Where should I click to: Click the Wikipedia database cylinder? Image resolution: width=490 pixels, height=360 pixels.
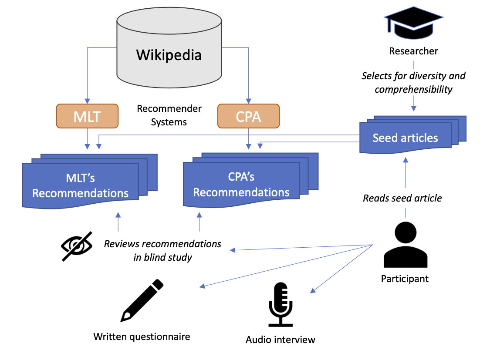click(x=169, y=47)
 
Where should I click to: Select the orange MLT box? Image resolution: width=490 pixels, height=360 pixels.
click(x=87, y=116)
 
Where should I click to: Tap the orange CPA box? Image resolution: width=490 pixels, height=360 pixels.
click(x=248, y=116)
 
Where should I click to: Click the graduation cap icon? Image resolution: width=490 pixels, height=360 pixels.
click(x=413, y=23)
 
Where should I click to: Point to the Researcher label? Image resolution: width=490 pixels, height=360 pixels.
click(x=413, y=51)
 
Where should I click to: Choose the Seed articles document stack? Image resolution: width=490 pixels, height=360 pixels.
click(x=413, y=135)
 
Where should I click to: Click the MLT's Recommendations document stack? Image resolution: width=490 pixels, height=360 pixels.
click(x=90, y=181)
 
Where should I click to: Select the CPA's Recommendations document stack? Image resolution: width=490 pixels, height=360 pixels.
click(x=250, y=180)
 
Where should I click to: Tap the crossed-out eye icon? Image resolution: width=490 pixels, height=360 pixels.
click(x=77, y=246)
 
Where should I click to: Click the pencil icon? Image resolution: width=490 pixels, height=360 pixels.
click(x=142, y=300)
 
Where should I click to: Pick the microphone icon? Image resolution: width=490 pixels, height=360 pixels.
click(x=280, y=304)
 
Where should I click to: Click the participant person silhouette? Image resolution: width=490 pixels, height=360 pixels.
click(x=406, y=245)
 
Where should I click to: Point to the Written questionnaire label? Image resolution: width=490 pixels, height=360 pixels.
click(x=142, y=336)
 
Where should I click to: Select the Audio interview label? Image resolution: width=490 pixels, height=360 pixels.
click(x=280, y=340)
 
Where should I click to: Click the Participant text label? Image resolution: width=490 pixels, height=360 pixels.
click(x=405, y=279)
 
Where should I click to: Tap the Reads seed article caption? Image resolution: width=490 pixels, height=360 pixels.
click(x=402, y=198)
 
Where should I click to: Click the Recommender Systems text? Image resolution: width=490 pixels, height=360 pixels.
click(x=169, y=115)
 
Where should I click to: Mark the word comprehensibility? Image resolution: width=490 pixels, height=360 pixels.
click(x=413, y=90)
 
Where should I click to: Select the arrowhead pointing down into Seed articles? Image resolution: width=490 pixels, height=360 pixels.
click(x=414, y=108)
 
